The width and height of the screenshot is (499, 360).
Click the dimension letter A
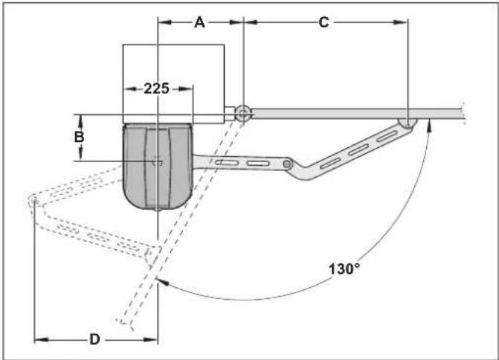tap(199, 22)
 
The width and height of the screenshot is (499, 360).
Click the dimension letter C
tap(323, 22)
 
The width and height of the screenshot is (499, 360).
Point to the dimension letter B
tap(79, 137)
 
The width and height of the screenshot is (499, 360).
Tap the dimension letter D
tap(94, 339)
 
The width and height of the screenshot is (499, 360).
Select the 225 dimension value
tap(157, 89)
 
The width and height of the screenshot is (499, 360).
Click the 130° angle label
tap(344, 269)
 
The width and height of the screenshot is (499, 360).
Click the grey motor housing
tap(158, 166)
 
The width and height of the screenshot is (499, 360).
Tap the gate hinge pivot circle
tap(243, 112)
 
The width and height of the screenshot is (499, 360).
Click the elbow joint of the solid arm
tap(287, 164)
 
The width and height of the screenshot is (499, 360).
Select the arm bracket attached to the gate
tap(408, 123)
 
